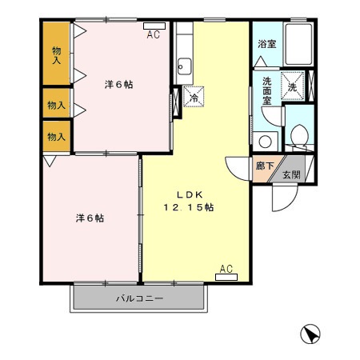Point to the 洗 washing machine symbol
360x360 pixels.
(292, 86)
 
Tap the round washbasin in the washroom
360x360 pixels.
(266, 141)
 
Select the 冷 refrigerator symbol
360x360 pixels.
(193, 97)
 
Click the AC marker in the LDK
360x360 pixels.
(226, 273)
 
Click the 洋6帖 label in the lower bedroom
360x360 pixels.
(90, 218)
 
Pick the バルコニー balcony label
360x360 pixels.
(139, 298)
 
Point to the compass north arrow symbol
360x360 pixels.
(312, 334)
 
